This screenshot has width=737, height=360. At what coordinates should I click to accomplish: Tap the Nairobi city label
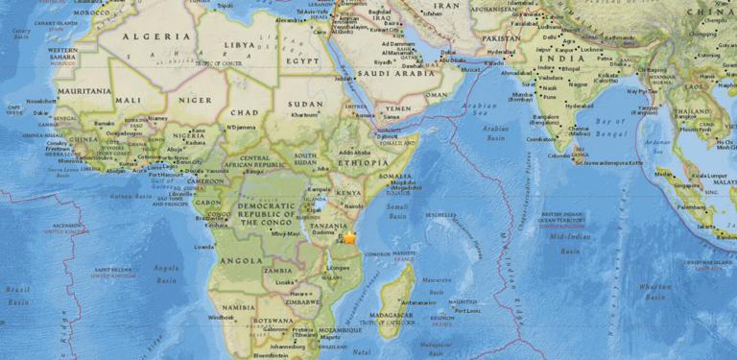pos(354,205)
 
